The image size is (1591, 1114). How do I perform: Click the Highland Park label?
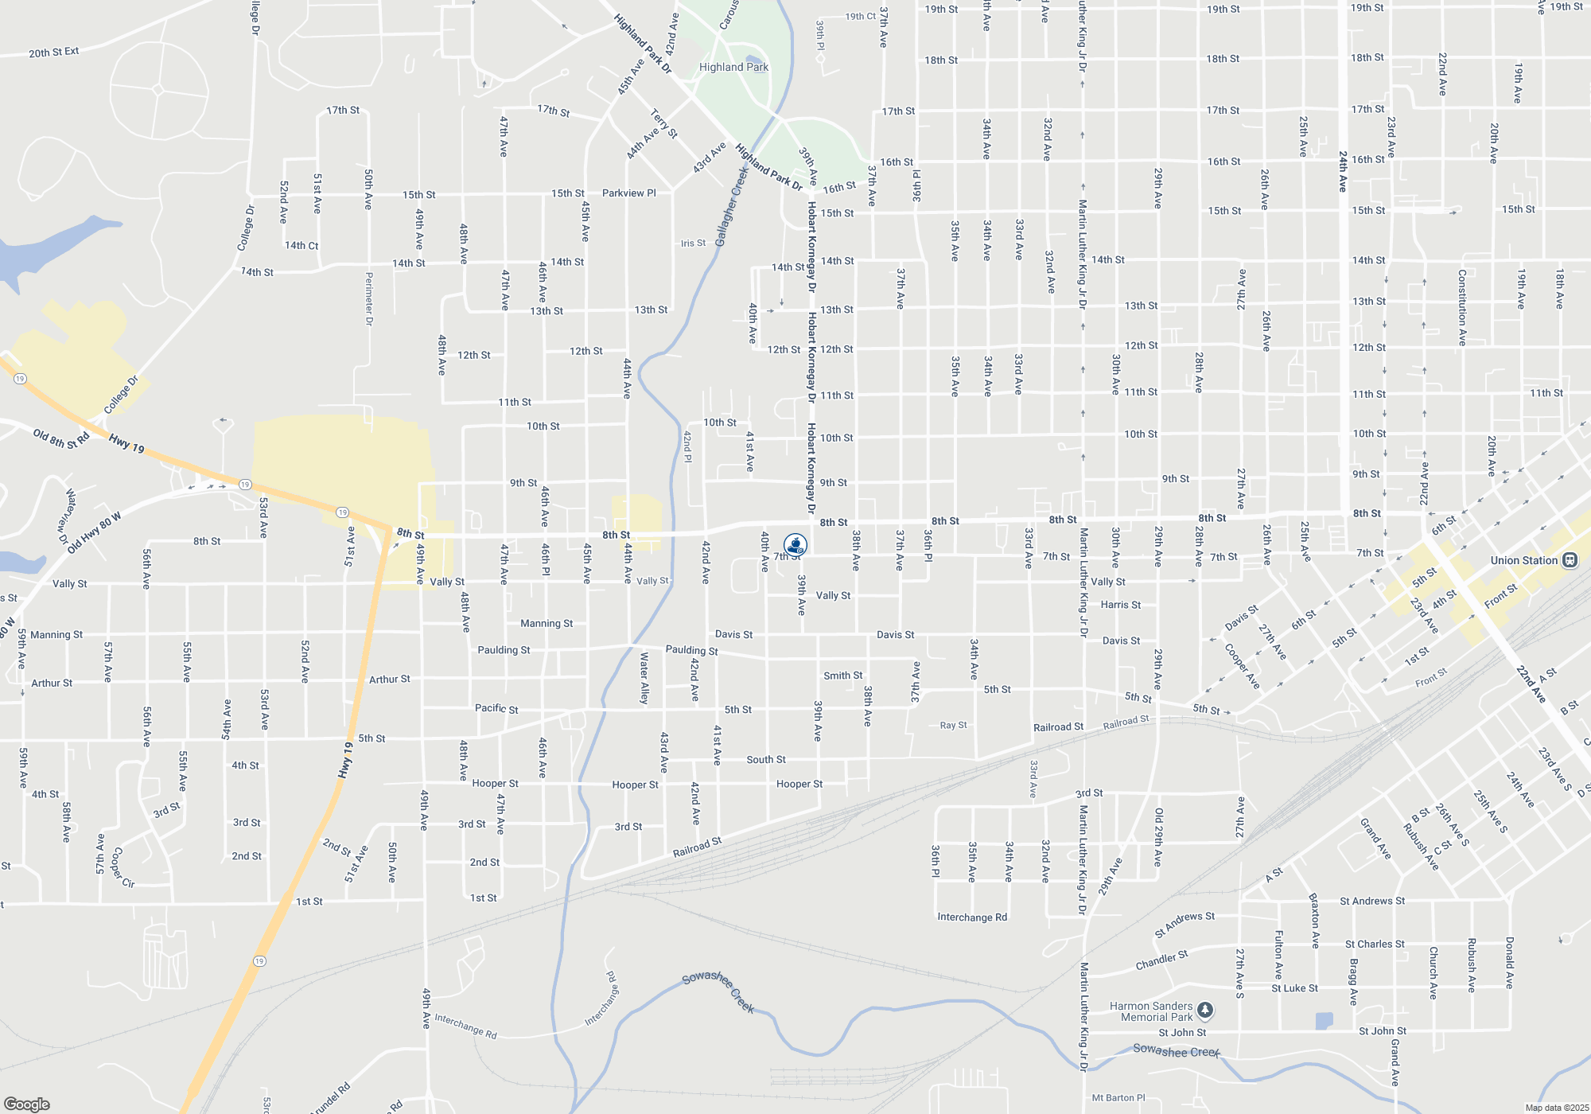[x=733, y=68]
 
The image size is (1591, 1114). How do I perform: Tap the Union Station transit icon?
[x=1570, y=560]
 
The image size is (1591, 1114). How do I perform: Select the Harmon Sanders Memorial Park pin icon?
[x=1205, y=1010]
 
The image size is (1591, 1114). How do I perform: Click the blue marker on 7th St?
[x=795, y=545]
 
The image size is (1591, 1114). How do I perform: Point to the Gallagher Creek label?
[x=731, y=206]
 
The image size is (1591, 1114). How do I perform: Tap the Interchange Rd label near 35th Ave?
[x=972, y=917]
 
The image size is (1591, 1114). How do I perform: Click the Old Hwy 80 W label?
[x=95, y=533]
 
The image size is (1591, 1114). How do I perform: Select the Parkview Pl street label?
[x=628, y=193]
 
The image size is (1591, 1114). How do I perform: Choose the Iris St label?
[x=693, y=243]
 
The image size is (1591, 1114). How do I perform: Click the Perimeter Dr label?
[x=369, y=298]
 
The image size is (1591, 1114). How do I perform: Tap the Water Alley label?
[x=644, y=678]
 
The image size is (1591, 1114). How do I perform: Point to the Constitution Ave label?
[x=1462, y=307]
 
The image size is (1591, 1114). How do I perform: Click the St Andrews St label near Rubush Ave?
[x=1372, y=902]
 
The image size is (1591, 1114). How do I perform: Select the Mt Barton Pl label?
[x=1118, y=1098]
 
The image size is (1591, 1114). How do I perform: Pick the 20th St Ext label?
[x=54, y=53]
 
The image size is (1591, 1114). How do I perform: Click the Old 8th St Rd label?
[x=61, y=438]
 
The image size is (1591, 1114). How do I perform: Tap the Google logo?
[x=27, y=1104]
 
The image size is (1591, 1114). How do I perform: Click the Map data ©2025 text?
[x=1557, y=1108]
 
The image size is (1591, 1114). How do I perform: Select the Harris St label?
[x=1121, y=605]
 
